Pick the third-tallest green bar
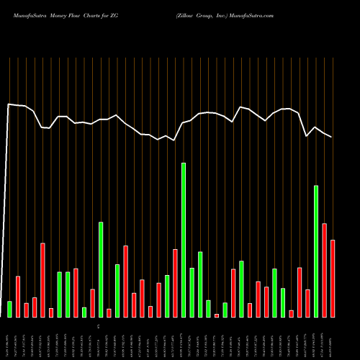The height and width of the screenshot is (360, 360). pyautogui.click(x=101, y=269)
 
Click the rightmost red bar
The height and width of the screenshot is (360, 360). pyautogui.click(x=333, y=278)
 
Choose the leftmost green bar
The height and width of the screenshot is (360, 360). pyautogui.click(x=9, y=309)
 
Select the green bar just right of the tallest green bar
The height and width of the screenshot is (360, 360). pyautogui.click(x=192, y=292)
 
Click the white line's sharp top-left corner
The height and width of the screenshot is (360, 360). pyautogui.click(x=9, y=104)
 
